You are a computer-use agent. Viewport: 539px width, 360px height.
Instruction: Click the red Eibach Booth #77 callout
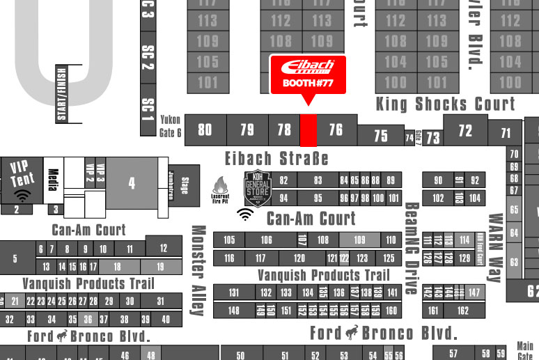[307, 75]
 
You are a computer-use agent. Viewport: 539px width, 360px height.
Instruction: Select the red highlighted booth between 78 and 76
[308, 130]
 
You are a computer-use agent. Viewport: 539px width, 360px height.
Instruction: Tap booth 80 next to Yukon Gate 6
[205, 130]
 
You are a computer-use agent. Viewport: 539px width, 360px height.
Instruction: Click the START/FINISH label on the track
[61, 93]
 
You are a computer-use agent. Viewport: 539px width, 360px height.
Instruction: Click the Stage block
[185, 186]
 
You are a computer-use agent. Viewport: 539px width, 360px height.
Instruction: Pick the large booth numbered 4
[132, 184]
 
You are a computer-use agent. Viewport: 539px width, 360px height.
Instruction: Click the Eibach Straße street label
[276, 158]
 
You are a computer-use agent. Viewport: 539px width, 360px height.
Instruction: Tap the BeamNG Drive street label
[411, 249]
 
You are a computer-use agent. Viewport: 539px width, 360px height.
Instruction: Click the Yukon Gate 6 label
[170, 125]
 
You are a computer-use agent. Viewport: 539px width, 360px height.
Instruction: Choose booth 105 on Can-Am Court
[229, 240]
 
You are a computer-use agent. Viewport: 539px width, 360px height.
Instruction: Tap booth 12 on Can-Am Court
[164, 247]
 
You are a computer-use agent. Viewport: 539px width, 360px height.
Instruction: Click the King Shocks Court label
[445, 104]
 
